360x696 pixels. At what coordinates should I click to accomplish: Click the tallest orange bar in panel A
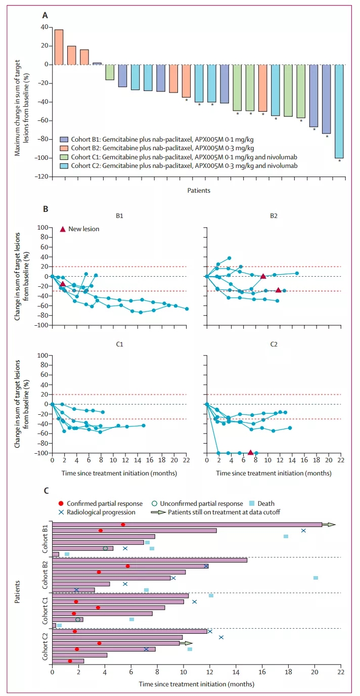59,47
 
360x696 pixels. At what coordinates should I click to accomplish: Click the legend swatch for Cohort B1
63,139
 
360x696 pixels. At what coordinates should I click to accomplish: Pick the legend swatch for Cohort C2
63,165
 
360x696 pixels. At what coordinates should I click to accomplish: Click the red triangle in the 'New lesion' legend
63,229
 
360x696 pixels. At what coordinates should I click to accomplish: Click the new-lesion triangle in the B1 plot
63,284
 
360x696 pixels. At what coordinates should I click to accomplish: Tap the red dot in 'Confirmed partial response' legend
61,503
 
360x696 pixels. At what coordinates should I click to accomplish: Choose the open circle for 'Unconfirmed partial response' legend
155,503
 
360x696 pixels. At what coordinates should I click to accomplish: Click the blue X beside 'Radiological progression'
61,512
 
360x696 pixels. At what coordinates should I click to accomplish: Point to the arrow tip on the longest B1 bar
334,525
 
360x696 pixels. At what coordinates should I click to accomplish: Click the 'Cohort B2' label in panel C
44,575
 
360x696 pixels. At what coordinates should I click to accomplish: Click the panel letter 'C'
46,490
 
